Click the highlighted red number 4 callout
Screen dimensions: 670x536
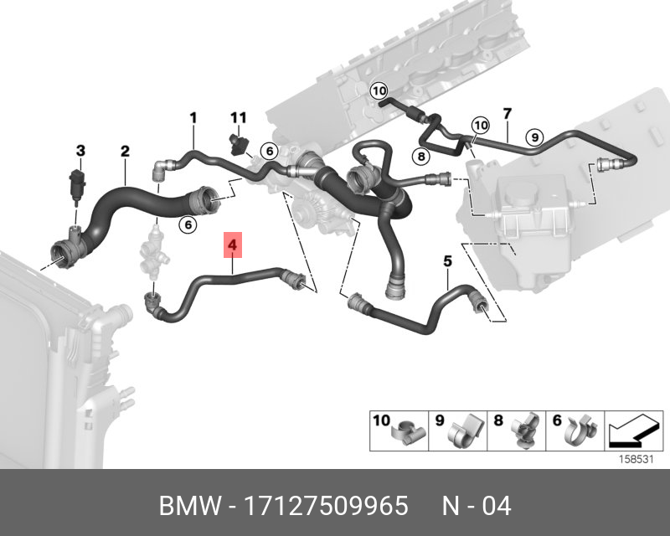coord(233,245)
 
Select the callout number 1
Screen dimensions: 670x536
coord(193,117)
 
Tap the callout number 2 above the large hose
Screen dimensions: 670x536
coord(125,151)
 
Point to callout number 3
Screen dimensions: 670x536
coord(80,151)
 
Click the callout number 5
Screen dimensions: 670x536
coord(447,260)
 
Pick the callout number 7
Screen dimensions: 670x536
coord(508,114)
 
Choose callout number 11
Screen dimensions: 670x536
coord(239,117)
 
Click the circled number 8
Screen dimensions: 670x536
coord(421,157)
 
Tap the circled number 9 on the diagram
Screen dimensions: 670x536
coord(534,137)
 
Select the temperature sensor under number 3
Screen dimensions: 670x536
coord(77,186)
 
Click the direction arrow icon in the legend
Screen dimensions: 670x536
coord(634,430)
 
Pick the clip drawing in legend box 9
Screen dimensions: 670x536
coord(466,430)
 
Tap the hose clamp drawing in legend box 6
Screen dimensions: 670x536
coord(582,430)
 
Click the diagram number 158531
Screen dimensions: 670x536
coord(636,460)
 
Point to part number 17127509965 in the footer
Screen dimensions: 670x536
coord(326,506)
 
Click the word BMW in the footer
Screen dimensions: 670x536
coord(190,506)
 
